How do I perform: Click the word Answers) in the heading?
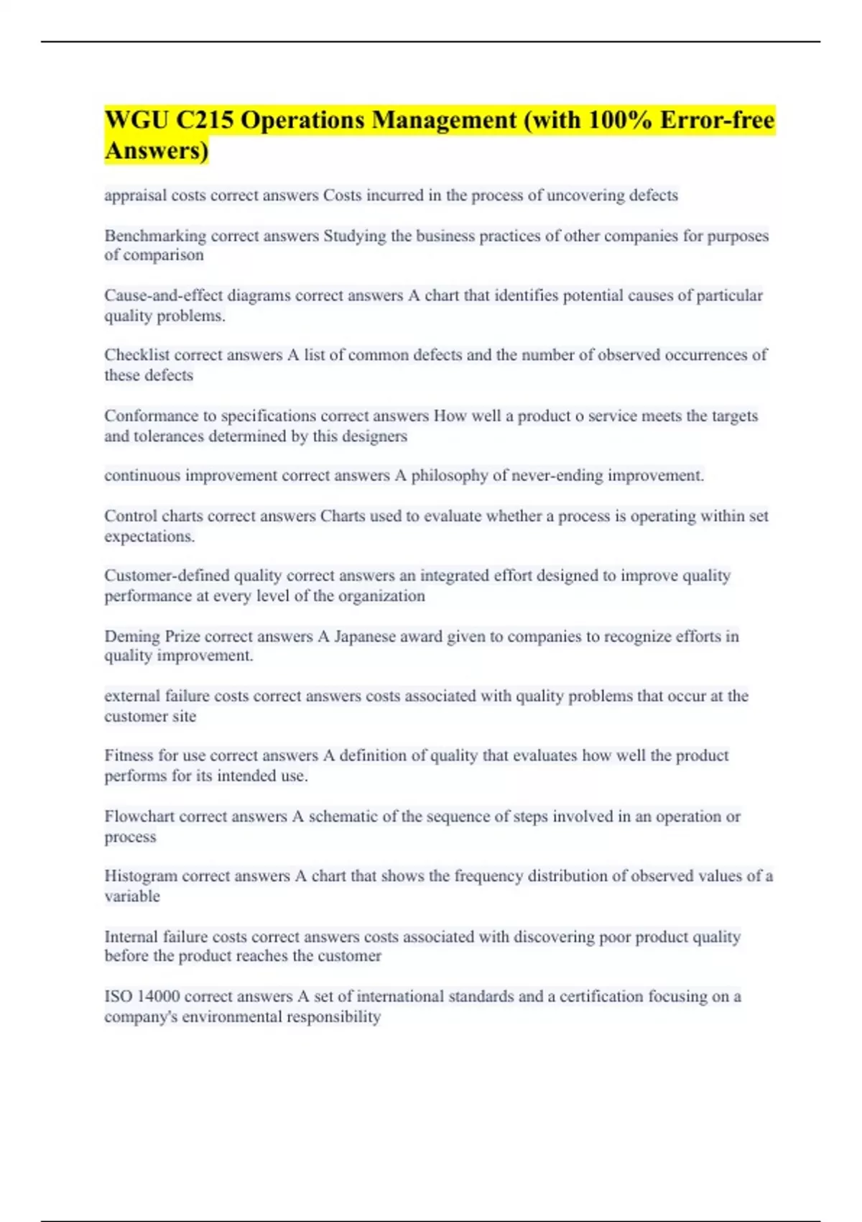[x=157, y=151]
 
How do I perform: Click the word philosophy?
[x=450, y=476]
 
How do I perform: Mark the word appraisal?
[x=134, y=196]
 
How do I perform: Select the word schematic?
[x=343, y=817]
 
